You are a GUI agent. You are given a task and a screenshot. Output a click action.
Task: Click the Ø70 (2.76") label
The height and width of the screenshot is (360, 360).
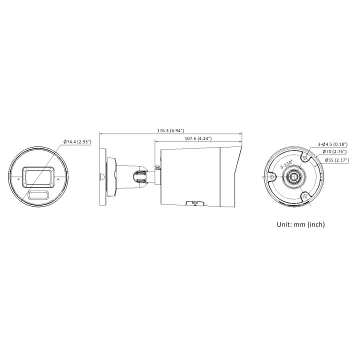[335, 151]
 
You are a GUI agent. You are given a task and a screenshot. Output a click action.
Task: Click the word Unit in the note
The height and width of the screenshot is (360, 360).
[285, 224]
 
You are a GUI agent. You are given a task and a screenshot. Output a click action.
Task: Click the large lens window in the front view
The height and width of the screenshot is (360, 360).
[39, 176]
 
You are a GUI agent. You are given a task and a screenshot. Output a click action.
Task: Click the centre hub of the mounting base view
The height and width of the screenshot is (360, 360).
[293, 177]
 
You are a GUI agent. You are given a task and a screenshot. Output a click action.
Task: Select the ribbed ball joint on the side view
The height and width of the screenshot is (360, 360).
[141, 176]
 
